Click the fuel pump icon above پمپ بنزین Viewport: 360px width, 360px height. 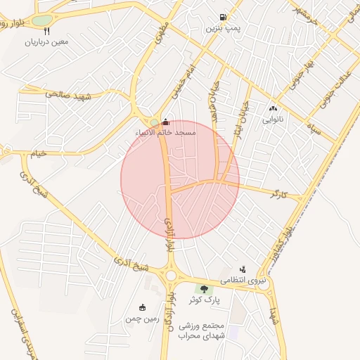[224, 18]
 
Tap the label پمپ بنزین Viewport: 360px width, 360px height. [224, 29]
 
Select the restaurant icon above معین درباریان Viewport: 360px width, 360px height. [47, 31]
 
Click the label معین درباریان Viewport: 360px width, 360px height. [47, 42]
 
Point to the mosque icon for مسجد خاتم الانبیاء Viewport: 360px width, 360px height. [165, 121]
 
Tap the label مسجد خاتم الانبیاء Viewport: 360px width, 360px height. [166, 132]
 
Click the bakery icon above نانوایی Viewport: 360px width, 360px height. [273, 109]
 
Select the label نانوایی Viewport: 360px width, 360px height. [273, 120]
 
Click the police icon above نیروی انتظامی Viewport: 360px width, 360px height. [243, 269]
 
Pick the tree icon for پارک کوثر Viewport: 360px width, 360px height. [204, 289]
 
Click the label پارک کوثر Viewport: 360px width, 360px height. [204, 300]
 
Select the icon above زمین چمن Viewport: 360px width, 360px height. [143, 307]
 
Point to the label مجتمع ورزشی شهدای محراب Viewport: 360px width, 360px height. [201, 331]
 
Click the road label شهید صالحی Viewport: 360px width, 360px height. [69, 94]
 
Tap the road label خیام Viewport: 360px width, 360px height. [36, 153]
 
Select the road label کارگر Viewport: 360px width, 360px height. [279, 193]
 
